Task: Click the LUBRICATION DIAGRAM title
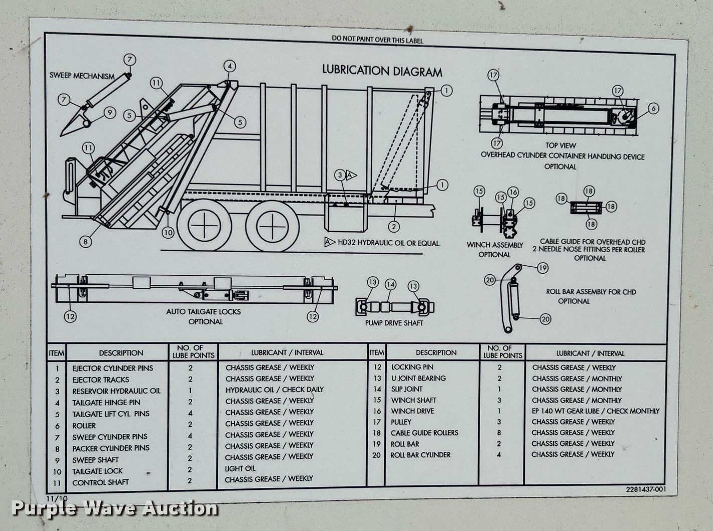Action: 382,71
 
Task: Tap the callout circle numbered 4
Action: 229,66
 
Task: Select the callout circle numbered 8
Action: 86,242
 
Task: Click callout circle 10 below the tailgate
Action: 168,232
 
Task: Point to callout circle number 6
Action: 652,108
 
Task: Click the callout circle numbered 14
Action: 390,285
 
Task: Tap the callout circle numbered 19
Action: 542,268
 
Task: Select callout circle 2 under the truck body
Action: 394,227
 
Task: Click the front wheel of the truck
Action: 271,226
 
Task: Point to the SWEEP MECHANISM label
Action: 82,76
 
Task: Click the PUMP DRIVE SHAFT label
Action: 394,323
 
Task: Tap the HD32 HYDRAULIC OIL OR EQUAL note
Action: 388,243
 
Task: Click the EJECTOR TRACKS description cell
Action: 100,380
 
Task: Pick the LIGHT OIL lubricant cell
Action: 240,468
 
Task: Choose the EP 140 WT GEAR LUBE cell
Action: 595,411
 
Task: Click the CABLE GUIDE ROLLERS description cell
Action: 424,433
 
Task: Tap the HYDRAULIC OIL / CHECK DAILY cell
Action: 274,390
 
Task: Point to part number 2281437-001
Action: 646,489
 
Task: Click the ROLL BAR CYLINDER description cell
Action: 420,455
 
